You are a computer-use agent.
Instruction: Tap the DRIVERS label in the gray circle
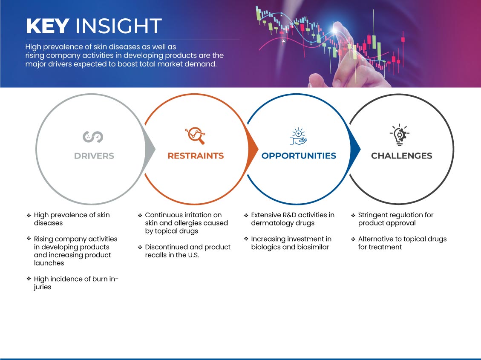[94, 156]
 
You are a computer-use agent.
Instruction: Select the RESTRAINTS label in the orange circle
[196, 156]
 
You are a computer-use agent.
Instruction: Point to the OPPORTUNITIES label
[299, 156]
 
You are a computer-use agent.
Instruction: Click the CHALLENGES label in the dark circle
[402, 156]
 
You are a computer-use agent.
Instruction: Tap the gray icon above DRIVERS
[93, 137]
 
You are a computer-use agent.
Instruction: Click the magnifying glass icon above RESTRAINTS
[195, 135]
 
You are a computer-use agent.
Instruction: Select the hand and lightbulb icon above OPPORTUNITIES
[298, 136]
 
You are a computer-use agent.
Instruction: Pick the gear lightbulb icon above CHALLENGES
[400, 135]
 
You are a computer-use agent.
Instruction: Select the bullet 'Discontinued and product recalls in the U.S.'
[187, 251]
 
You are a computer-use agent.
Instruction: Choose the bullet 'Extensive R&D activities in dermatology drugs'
[293, 219]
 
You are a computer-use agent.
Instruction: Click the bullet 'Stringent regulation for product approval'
[396, 219]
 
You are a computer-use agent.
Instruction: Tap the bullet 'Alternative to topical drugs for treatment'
[402, 243]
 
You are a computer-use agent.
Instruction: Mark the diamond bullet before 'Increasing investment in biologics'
[246, 239]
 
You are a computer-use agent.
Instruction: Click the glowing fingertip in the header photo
[336, 29]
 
